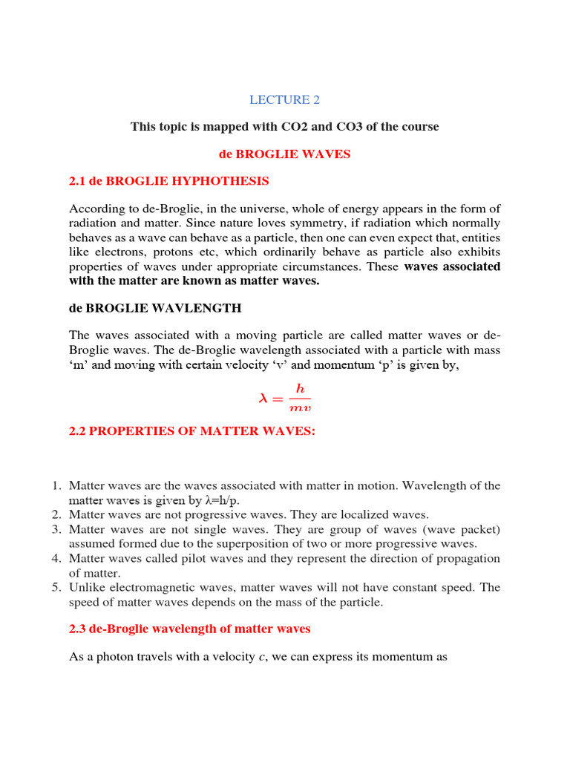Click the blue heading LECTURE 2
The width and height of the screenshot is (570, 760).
284,99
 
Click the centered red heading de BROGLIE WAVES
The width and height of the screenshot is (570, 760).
284,154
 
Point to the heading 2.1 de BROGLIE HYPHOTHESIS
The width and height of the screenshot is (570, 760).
168,181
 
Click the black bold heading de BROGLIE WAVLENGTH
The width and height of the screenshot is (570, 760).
155,307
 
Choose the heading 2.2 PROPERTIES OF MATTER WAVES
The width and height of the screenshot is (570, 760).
192,432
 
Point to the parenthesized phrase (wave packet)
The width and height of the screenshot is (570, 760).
464,529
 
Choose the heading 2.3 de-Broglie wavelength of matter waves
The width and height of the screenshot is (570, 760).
189,629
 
